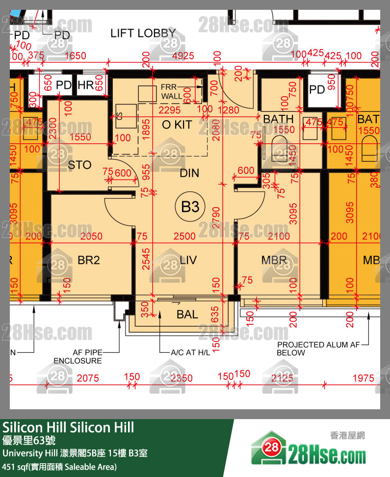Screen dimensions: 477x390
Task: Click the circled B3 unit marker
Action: click(x=190, y=207)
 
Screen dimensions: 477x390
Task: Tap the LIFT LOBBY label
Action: click(x=143, y=33)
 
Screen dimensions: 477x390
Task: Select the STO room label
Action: click(x=79, y=165)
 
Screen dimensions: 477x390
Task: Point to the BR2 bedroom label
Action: click(x=89, y=260)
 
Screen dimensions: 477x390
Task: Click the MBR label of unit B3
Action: click(x=274, y=260)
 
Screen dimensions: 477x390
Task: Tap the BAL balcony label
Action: click(x=187, y=315)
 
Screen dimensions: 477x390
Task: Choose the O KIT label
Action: click(x=177, y=125)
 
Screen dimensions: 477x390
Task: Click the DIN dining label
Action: click(x=189, y=173)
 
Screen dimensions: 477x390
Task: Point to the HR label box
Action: click(x=86, y=85)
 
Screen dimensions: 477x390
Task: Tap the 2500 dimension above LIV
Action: click(x=184, y=237)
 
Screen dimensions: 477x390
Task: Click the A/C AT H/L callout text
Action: click(x=190, y=352)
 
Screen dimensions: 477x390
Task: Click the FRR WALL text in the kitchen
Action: click(x=171, y=92)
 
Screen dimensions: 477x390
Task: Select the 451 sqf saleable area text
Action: click(x=60, y=467)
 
